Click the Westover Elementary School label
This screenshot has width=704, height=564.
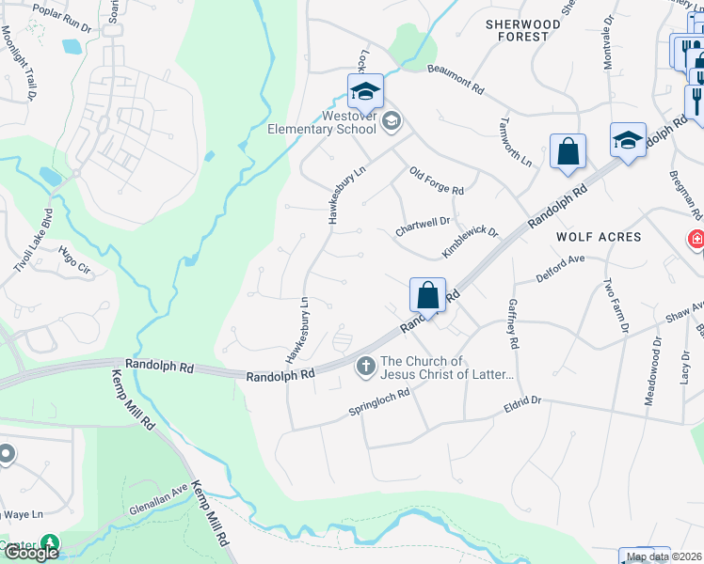tap(336, 122)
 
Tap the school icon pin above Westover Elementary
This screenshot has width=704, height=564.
tap(364, 92)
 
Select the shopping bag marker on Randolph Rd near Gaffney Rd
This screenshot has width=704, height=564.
tap(427, 295)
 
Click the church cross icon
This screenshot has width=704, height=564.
tap(366, 367)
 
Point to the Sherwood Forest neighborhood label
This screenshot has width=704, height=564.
tap(517, 30)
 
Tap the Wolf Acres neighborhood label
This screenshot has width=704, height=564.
tap(599, 237)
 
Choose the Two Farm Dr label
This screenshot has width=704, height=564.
tap(609, 300)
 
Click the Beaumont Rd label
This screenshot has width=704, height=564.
tap(455, 79)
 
